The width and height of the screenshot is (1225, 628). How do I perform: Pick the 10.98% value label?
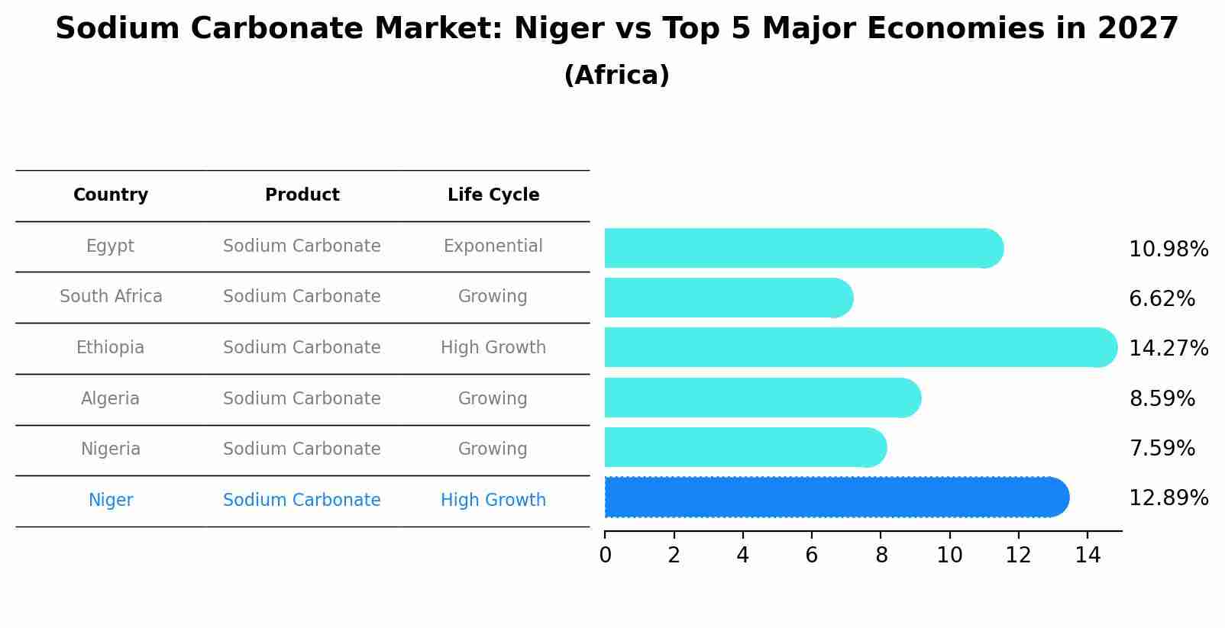coord(1168,250)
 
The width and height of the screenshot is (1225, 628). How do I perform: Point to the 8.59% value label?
coord(1162,399)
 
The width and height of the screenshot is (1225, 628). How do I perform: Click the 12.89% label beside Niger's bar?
coord(1168,498)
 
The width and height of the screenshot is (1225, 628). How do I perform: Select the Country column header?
coord(111,195)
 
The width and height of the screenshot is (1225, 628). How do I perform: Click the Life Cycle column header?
coord(493,195)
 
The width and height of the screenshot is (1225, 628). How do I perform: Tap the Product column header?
coord(302,195)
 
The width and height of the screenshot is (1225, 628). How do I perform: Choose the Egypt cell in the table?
coord(110,246)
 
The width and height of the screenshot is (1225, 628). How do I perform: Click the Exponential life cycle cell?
coord(493,246)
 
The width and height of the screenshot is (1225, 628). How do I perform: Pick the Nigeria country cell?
coord(111,449)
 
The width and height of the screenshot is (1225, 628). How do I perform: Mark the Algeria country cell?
coord(110,399)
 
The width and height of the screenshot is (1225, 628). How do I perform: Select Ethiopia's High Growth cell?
coord(493,348)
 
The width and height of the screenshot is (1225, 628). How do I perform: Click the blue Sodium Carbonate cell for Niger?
coord(302,501)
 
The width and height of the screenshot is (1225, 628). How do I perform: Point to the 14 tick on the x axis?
coord(1088,556)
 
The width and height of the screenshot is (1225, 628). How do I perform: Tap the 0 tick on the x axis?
coord(605,556)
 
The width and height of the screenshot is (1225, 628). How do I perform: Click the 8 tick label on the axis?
coord(881,556)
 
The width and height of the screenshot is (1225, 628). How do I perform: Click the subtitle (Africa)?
coord(616,76)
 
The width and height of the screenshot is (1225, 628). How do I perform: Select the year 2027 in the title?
coord(1138,29)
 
